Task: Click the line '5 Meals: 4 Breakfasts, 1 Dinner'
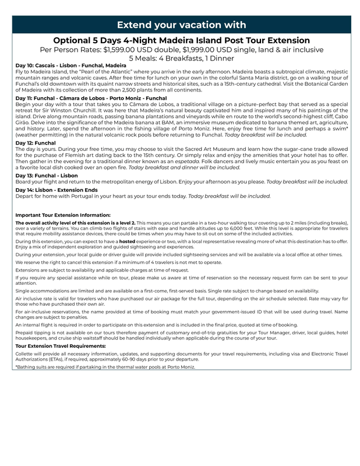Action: pyautogui.click(x=181, y=58)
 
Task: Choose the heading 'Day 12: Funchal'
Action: pyautogui.click(x=36, y=142)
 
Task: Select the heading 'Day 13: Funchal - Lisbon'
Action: pyautogui.click(x=47, y=175)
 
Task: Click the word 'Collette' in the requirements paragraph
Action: pyautogui.click(x=24, y=354)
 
